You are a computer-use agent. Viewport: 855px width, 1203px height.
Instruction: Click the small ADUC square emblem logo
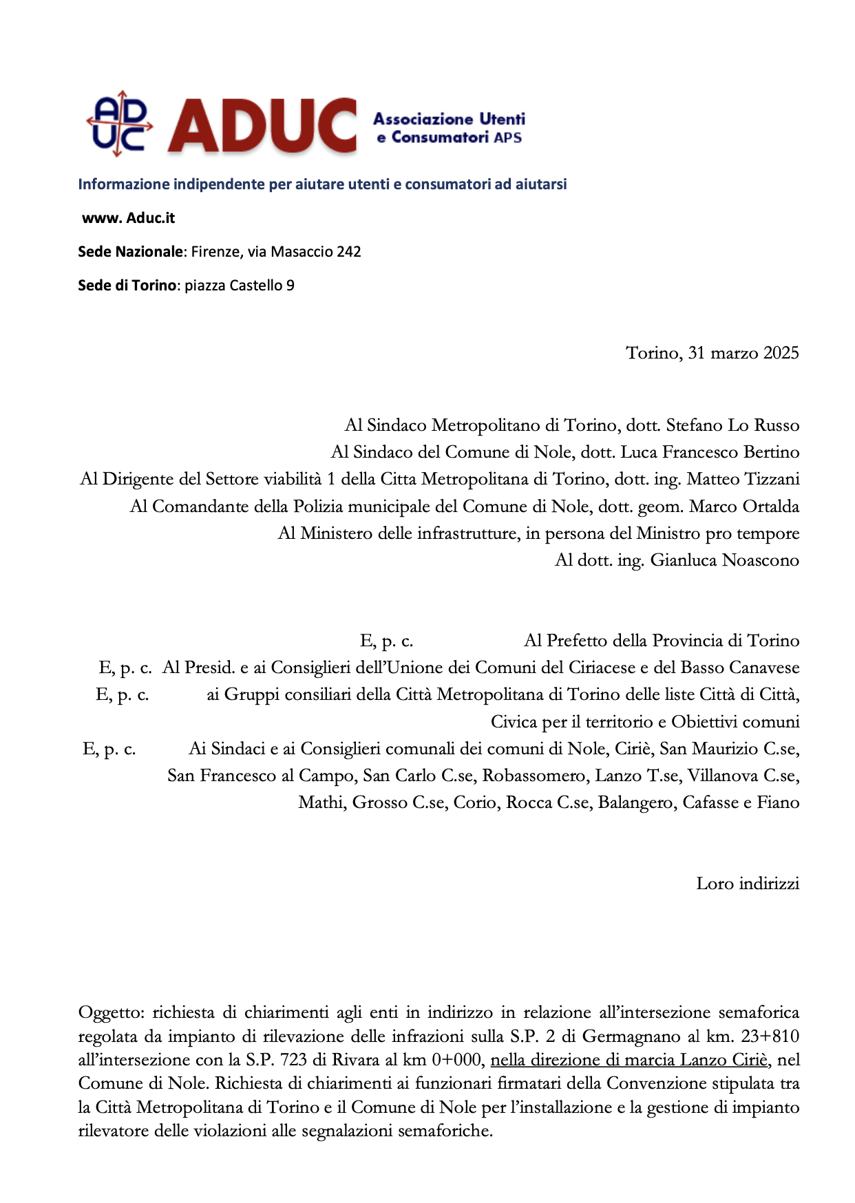tap(119, 123)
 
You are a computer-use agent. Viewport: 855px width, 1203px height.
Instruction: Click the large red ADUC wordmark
tap(262, 125)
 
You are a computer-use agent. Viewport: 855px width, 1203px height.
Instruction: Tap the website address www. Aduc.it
tap(128, 218)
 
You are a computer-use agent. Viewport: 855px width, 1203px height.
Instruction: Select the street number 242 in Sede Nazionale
tap(348, 252)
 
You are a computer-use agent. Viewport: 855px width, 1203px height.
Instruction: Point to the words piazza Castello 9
tap(240, 286)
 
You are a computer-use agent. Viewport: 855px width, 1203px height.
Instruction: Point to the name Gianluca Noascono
tap(724, 560)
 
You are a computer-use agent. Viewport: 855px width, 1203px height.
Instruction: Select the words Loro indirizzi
tap(748, 884)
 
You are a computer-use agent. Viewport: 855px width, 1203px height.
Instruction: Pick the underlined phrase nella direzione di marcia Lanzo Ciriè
tap(629, 1060)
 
